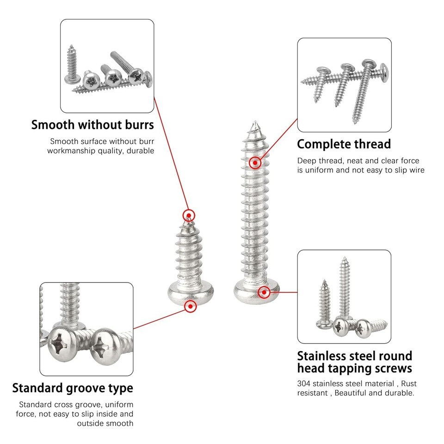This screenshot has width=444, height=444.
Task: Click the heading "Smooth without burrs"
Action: [92, 125]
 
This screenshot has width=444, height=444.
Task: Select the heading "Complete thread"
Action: [344, 144]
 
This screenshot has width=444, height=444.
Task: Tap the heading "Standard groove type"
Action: [73, 388]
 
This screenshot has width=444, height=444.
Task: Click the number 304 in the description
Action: [304, 383]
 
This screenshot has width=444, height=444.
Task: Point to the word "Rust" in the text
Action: [409, 383]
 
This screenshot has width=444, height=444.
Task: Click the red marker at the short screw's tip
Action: [189, 215]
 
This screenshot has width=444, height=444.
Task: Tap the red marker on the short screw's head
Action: [190, 306]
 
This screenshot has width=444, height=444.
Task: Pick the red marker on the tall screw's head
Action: [264, 292]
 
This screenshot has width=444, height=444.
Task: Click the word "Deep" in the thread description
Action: [307, 161]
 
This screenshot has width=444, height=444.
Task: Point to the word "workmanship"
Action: [70, 151]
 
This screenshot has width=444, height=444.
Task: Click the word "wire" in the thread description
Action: [416, 170]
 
